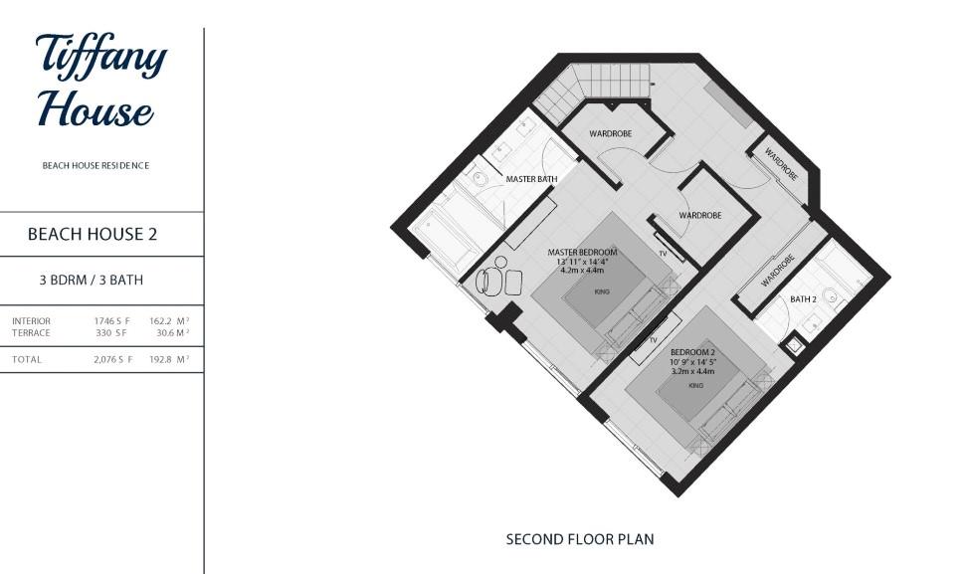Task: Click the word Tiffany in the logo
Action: pos(100,57)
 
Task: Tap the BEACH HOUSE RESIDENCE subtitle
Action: pos(96,166)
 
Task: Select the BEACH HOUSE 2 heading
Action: pos(93,235)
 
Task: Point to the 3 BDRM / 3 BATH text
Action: pos(92,281)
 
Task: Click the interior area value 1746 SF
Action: pos(112,321)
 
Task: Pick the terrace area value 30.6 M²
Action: pos(172,333)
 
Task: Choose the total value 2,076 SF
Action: pos(112,359)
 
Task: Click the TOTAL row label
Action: pos(27,359)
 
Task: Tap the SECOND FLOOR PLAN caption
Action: pos(580,539)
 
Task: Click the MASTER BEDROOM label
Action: pos(582,253)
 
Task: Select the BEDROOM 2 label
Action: pos(694,353)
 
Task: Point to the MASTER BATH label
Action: pos(531,179)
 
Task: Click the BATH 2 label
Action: pos(804,299)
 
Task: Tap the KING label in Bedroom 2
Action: pos(696,385)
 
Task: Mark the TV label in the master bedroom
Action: pos(663,254)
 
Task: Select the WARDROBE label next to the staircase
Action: pos(610,133)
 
